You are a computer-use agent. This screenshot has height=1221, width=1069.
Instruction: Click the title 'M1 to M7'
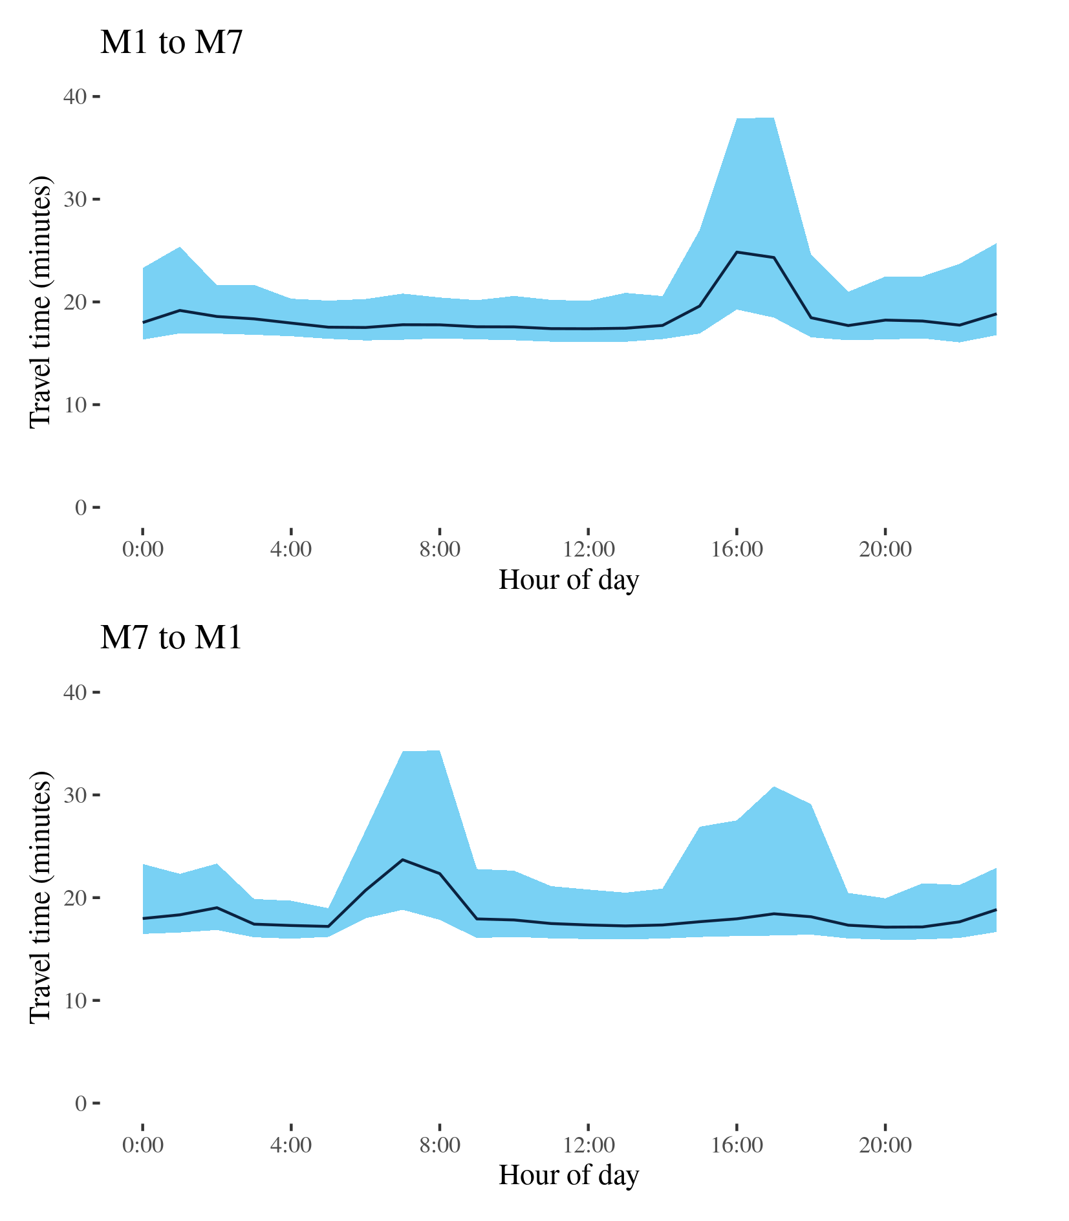tap(171, 43)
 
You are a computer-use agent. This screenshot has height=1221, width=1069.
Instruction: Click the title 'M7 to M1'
tap(171, 638)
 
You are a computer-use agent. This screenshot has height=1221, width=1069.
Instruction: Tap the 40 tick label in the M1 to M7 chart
tap(75, 97)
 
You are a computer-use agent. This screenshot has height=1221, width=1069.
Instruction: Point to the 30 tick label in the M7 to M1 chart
tap(75, 795)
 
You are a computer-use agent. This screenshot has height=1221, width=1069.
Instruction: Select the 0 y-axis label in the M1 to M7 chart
tap(81, 507)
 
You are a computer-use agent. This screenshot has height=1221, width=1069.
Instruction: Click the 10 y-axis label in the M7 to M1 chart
tap(75, 1001)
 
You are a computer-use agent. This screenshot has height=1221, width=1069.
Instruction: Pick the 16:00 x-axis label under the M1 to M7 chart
tap(737, 549)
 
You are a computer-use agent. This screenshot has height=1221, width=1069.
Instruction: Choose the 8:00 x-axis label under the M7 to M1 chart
tap(440, 1145)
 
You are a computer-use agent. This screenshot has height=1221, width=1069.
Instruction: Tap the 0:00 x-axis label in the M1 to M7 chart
tap(143, 549)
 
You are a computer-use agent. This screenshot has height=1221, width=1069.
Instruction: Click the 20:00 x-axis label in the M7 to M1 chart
tap(885, 1145)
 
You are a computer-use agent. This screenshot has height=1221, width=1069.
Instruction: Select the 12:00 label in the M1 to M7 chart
tap(588, 549)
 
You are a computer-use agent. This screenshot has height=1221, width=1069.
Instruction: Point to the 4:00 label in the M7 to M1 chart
tap(292, 1145)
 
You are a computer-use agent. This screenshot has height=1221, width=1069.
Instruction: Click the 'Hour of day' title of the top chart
tap(569, 580)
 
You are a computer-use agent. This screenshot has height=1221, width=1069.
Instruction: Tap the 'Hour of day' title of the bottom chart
tap(569, 1174)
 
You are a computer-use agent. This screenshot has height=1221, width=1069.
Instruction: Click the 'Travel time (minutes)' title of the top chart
tap(40, 302)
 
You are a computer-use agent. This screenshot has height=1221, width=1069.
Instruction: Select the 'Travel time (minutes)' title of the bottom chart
tap(40, 897)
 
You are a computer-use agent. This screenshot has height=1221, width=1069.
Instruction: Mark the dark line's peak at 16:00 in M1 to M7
tap(737, 251)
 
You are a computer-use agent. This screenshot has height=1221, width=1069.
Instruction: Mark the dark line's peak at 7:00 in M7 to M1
tap(402, 860)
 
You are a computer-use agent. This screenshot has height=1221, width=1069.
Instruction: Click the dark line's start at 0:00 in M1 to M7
tap(143, 323)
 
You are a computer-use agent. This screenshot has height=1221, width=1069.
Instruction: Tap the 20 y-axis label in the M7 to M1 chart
tap(75, 898)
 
